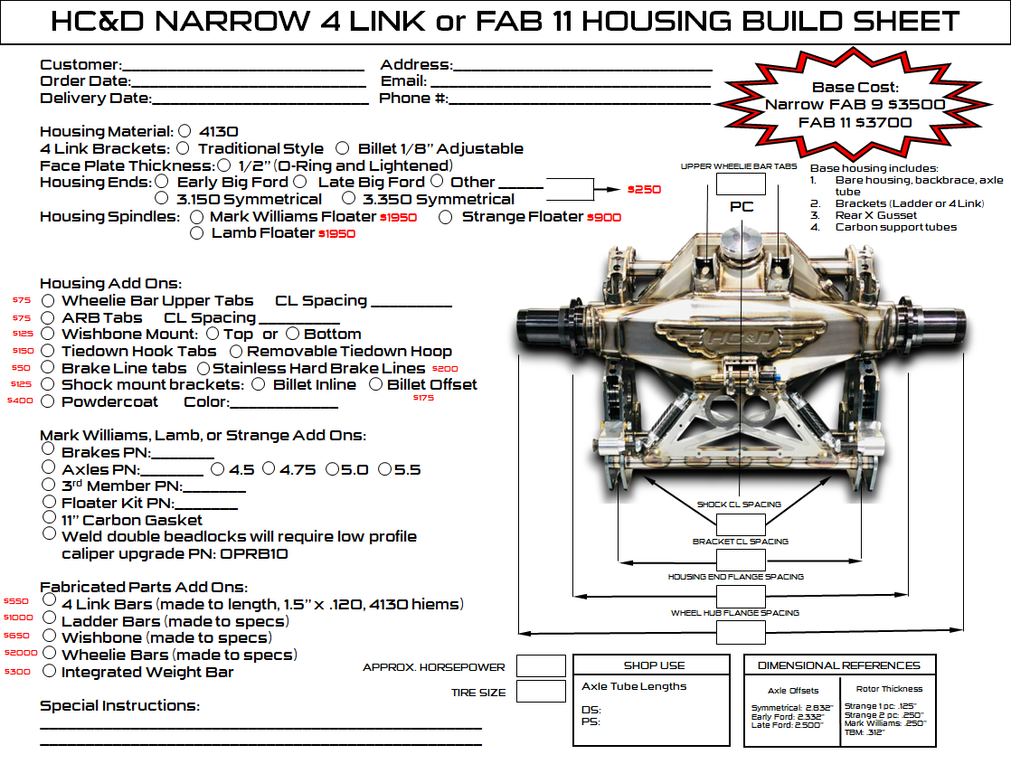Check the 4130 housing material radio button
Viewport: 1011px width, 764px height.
[x=185, y=131]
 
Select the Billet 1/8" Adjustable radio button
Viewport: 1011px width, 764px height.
[x=342, y=148]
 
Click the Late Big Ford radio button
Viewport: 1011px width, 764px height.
[x=301, y=182]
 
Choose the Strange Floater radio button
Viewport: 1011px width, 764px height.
[x=446, y=217]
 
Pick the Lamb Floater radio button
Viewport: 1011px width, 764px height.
[x=197, y=233]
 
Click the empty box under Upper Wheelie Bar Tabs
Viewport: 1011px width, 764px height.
[x=742, y=183]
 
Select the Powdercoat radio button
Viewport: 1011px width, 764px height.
[x=47, y=401]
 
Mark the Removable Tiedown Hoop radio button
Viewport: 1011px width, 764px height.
[x=236, y=351]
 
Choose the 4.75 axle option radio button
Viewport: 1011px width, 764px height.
[x=269, y=468]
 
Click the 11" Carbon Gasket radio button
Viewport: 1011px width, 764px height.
[x=48, y=518]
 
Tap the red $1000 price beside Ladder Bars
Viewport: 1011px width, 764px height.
[x=18, y=618]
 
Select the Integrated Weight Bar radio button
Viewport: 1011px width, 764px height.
[x=47, y=671]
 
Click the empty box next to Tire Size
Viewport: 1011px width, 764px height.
[x=541, y=692]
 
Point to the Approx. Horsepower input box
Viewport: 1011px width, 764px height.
[x=541, y=666]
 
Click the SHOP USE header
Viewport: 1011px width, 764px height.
[x=651, y=665]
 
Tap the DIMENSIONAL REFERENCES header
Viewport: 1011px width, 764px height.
[x=838, y=665]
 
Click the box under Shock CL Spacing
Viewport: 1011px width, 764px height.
[x=741, y=524]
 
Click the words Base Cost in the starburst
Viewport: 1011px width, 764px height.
[x=855, y=88]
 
